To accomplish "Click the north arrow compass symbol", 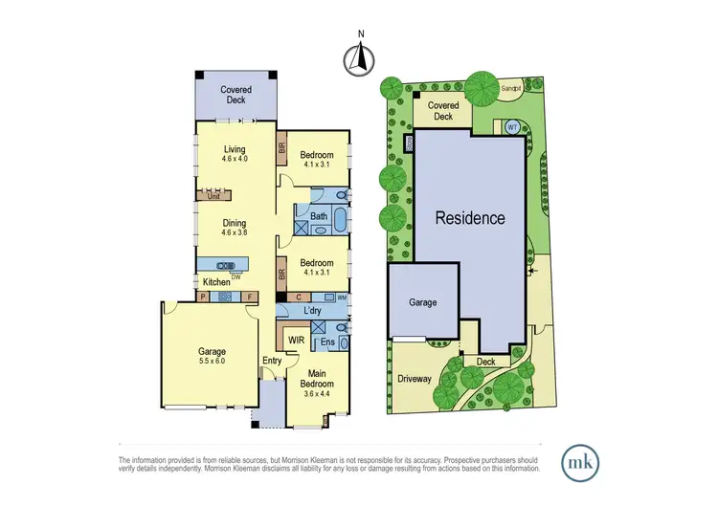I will [x=359, y=60].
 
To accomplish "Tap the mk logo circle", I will [x=580, y=461].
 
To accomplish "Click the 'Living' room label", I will [x=235, y=149].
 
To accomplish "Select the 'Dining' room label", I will [x=235, y=221].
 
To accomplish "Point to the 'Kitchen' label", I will [x=215, y=283].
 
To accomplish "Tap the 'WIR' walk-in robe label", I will [x=297, y=341].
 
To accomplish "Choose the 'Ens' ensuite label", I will [x=326, y=341].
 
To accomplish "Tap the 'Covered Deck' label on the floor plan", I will [x=235, y=94].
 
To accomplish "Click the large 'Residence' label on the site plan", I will [x=470, y=217].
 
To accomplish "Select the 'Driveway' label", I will [x=415, y=379].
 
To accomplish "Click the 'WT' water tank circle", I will [x=512, y=126].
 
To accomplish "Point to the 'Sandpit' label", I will [x=511, y=87].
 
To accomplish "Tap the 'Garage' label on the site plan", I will [x=422, y=302].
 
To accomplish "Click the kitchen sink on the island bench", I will [x=225, y=266].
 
